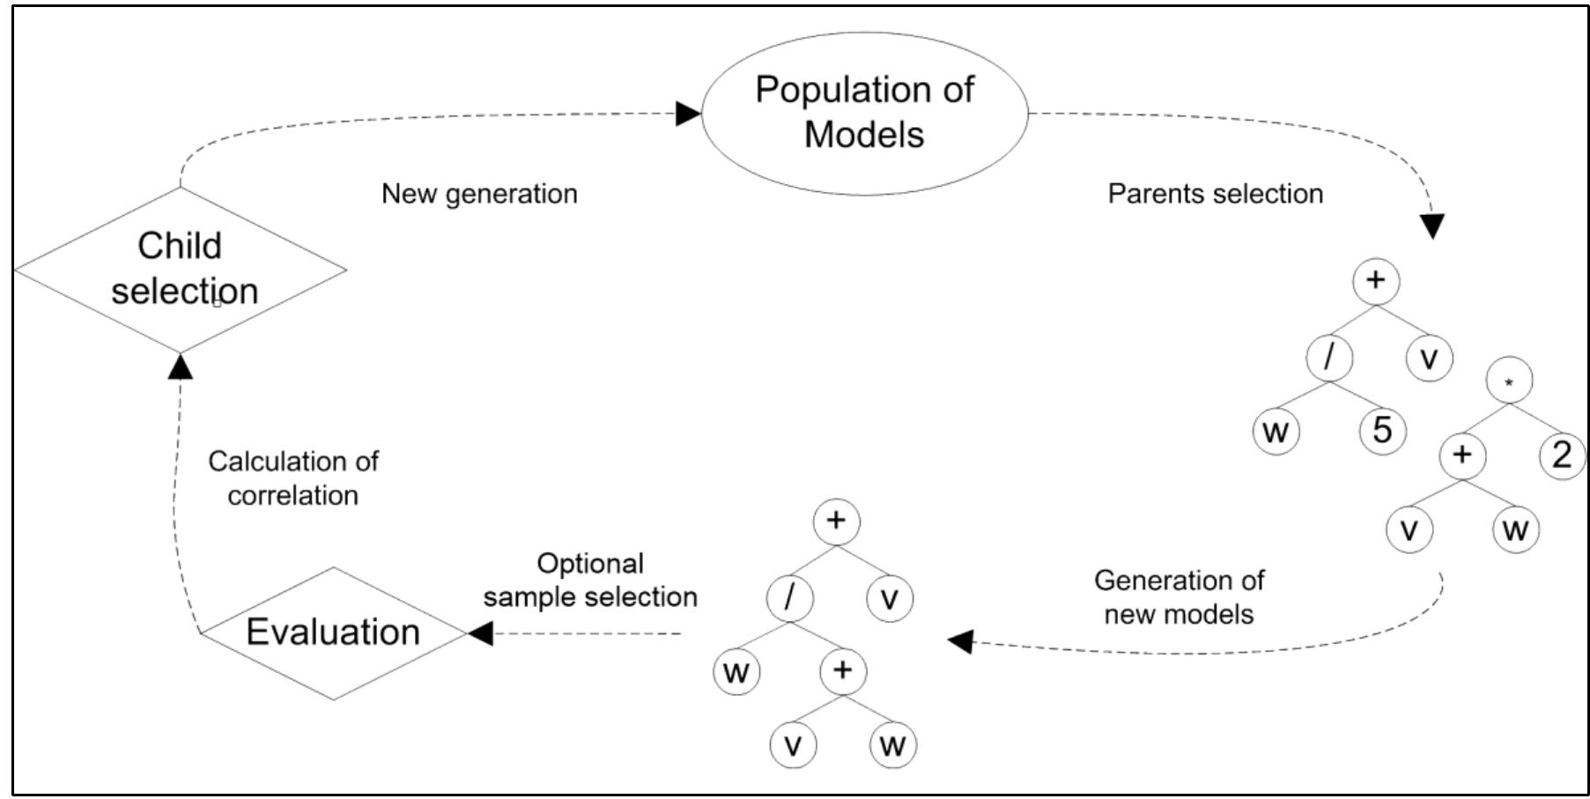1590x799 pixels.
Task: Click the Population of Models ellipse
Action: (864, 113)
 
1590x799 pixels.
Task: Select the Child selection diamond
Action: (181, 270)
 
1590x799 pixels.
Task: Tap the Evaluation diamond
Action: (333, 633)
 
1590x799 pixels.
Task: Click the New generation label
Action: (479, 194)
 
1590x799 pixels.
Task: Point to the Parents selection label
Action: (1215, 194)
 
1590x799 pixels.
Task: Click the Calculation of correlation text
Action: (292, 478)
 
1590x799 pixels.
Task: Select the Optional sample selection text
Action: (590, 580)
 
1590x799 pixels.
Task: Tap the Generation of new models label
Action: (1179, 597)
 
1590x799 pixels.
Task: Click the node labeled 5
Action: (1382, 431)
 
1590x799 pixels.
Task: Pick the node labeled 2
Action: (1562, 455)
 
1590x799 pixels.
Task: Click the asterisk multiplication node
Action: (1509, 381)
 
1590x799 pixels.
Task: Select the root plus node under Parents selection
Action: (1375, 281)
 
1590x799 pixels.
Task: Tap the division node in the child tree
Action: (789, 598)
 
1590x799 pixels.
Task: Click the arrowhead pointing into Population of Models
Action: (688, 114)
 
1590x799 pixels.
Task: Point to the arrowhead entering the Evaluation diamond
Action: (481, 633)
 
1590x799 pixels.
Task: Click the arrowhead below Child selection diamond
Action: (181, 366)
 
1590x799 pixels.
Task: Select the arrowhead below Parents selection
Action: (1433, 226)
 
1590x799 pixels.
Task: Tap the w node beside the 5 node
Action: (1276, 432)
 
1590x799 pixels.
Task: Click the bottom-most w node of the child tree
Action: (892, 746)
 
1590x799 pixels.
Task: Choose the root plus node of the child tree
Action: (836, 521)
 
